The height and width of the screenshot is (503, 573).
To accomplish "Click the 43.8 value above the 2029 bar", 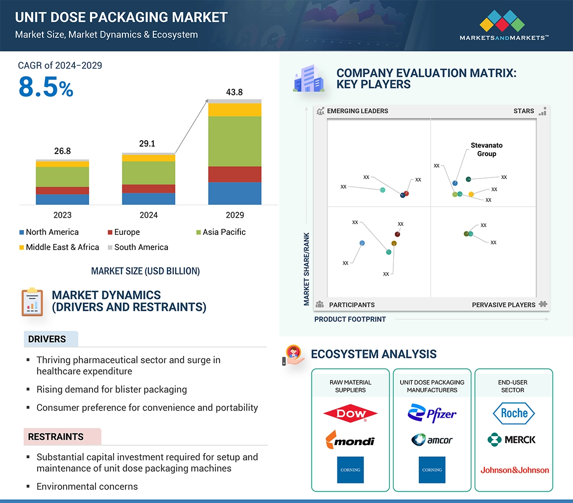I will (x=234, y=92).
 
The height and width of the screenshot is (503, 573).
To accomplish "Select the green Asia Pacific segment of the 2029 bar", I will (x=235, y=141).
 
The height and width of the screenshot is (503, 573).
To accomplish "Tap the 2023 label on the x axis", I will (x=62, y=215).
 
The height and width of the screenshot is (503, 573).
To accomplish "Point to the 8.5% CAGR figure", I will (x=46, y=87).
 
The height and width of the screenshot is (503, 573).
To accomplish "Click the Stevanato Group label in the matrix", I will (x=486, y=150).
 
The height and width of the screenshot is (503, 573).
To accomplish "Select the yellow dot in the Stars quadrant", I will (x=471, y=195).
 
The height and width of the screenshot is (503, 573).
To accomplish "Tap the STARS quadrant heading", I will (x=524, y=111).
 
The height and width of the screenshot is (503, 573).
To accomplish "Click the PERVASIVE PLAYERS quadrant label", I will (x=503, y=304).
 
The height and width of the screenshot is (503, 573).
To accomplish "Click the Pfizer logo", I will (x=432, y=413).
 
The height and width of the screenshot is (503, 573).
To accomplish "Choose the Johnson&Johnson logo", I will (x=514, y=470).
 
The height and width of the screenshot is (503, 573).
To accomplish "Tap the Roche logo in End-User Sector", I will (x=514, y=413).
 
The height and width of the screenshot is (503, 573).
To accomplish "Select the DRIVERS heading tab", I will (x=47, y=339).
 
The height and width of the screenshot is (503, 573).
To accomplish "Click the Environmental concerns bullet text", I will (x=87, y=486).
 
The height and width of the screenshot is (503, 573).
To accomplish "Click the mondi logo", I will (x=350, y=440).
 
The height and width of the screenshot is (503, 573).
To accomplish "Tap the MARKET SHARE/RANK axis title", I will (x=307, y=269).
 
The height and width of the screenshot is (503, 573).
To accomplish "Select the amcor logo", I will (x=432, y=440).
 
